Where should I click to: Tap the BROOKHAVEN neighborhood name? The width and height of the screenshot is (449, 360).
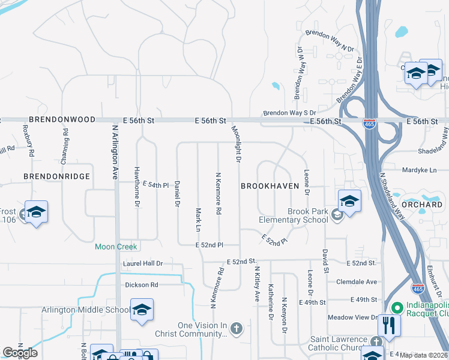coord(270,186)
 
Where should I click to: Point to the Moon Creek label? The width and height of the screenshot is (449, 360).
coord(116,247)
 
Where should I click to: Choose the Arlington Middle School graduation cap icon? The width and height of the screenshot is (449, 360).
coord(142,310)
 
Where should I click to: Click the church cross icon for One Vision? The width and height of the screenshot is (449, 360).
coord(237,328)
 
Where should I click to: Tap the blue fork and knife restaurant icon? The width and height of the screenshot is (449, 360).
coord(389,326)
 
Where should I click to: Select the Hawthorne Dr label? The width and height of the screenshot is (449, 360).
coord(137,196)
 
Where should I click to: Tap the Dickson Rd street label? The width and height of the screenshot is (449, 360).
coord(142,284)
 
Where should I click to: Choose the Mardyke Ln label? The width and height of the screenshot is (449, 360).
coord(419,170)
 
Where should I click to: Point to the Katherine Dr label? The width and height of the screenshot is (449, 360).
coord(271,301)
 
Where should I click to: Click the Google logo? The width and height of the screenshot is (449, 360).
coord(20,353)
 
